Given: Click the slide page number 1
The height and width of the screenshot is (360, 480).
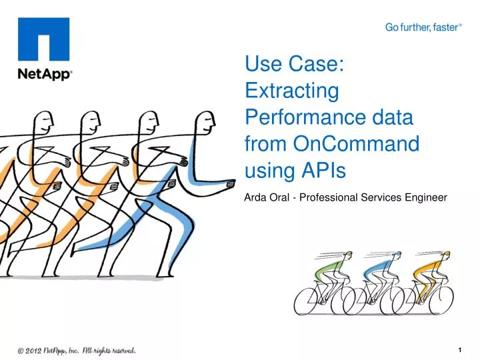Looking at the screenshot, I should click(461, 349).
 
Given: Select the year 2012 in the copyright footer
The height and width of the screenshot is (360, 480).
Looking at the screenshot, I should click(37, 350).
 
